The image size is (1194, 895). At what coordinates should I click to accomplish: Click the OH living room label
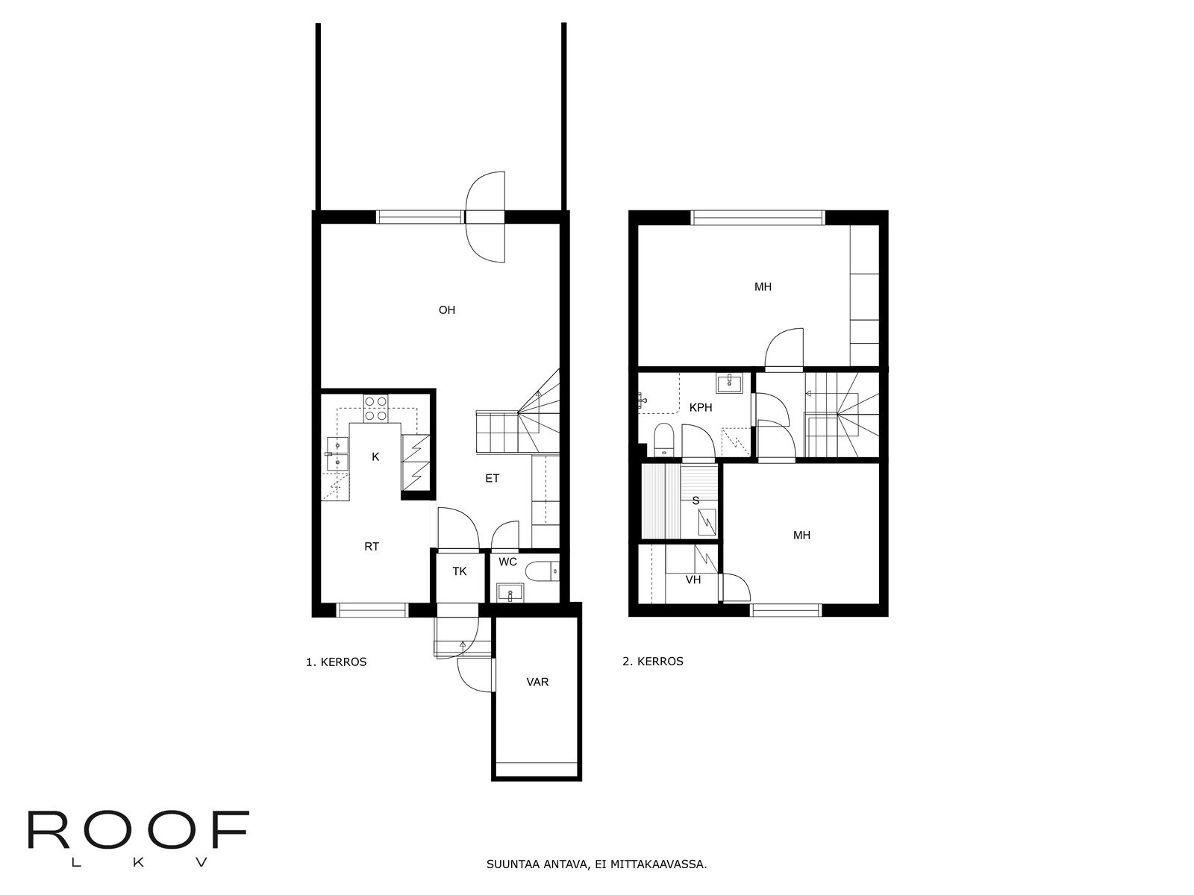[x=446, y=310]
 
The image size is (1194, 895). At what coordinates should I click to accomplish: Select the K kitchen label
[x=375, y=457]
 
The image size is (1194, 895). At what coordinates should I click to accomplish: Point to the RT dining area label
[x=372, y=547]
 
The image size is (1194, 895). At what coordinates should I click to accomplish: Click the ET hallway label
[x=492, y=479]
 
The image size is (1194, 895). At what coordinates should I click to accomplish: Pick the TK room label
[x=460, y=571]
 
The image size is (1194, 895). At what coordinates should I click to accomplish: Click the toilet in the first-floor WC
[x=540, y=572]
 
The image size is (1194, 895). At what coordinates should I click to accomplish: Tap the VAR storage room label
[x=537, y=682]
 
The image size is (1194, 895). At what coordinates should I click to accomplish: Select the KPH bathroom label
[x=700, y=408]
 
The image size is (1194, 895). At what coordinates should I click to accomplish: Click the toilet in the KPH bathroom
[x=663, y=440]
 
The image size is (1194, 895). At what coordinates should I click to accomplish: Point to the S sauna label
[x=696, y=501]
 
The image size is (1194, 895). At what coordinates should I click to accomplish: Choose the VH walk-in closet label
[x=693, y=580]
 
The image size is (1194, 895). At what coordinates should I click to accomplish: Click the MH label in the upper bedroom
[x=763, y=287]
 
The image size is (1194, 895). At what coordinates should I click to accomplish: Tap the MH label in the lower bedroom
[x=801, y=536]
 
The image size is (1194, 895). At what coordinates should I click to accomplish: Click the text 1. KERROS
[x=336, y=662]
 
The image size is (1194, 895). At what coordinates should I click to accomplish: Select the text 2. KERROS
[x=652, y=662]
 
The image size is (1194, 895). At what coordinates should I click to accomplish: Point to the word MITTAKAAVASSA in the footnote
[x=657, y=866]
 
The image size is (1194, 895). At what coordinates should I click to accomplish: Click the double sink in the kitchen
[x=337, y=454]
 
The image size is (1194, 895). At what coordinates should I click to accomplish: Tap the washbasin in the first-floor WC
[x=511, y=594]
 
